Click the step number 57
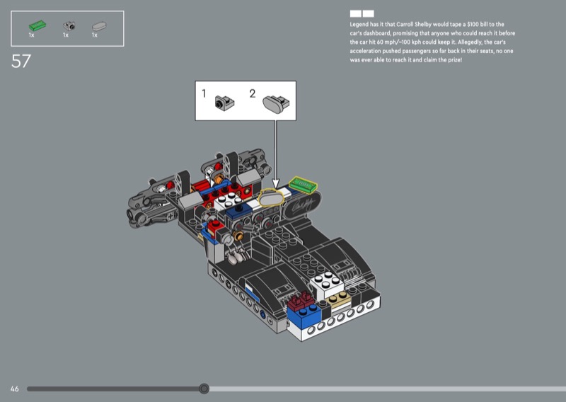coord(21,61)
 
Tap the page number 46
coord(14,389)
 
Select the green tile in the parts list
coord(37,25)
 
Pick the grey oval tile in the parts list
coord(99,26)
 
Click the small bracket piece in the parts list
coord(69,25)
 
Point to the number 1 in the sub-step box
coord(204,93)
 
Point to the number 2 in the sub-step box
coord(253,93)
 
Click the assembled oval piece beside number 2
coord(276,103)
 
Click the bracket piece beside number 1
coord(224,103)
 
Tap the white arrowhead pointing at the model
coord(276,183)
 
